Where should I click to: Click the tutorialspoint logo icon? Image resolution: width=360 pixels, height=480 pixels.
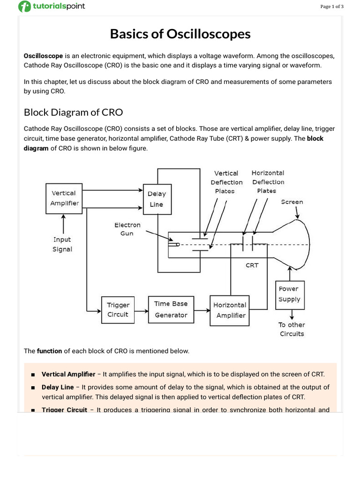coord(24,7)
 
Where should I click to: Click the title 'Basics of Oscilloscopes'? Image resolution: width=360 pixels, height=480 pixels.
coord(180,34)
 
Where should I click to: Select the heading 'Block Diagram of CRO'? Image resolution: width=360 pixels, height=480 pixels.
coord(73,112)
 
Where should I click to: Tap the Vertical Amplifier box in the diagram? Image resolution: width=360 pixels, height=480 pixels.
coord(64,198)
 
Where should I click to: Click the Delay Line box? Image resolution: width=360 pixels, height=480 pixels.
coord(157,199)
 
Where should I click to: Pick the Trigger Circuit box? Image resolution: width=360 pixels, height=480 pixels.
coord(118,310)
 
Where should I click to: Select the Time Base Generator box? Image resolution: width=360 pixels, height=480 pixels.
coord(171,310)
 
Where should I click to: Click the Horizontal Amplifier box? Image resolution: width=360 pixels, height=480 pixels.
coord(230,310)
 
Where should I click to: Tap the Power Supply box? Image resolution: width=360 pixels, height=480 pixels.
coord(290,294)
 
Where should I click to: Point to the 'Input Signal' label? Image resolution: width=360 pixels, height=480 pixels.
coord(62,244)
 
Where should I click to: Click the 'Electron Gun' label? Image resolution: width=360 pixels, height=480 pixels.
coord(127,229)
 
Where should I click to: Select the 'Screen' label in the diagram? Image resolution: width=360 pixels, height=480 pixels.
coord(292,202)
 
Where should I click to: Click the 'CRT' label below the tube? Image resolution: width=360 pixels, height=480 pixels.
coord(252,265)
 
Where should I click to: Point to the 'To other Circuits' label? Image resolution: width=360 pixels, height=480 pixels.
coord(292,330)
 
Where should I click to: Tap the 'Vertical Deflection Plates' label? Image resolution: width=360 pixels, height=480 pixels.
coord(226,182)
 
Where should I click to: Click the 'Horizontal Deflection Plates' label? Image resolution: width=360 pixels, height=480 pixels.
coord(268,182)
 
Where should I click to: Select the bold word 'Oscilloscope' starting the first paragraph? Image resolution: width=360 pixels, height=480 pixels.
coord(43,56)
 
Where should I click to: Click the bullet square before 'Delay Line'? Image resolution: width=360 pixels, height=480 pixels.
coord(33,388)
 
